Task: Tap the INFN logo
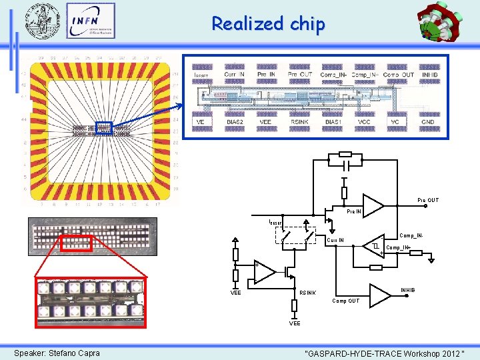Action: point(91,21)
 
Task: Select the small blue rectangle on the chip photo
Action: point(103,128)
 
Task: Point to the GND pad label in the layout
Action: point(427,122)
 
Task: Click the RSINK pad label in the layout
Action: point(300,122)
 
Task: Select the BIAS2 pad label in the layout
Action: point(234,122)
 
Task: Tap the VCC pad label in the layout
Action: point(364,122)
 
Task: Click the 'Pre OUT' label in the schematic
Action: point(428,200)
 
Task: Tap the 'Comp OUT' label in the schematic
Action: point(345,301)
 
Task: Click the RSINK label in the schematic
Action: point(307,292)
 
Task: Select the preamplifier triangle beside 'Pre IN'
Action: point(373,206)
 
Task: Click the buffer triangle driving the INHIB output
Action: point(380,294)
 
